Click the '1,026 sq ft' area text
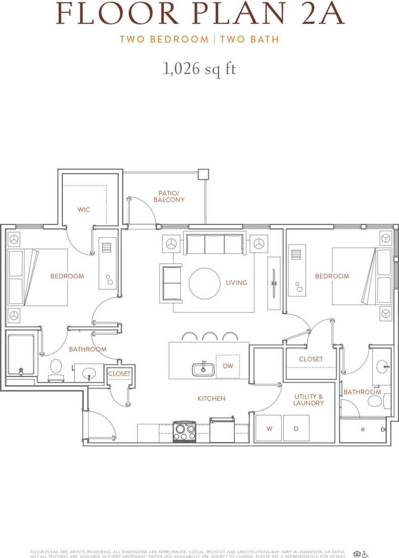(199, 69)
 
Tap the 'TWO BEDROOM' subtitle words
(164, 39)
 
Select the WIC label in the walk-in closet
(84, 209)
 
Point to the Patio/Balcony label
(169, 196)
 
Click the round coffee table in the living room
(205, 283)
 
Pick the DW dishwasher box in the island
(228, 366)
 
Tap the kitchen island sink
(203, 370)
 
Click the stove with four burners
(184, 431)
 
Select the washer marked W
(269, 428)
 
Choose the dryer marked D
(296, 428)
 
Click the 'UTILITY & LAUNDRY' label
(309, 400)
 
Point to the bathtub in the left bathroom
(21, 355)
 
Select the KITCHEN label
(211, 398)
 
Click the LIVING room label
(236, 283)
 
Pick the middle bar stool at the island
(210, 337)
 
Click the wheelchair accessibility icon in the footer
(365, 554)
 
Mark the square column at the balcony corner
(203, 174)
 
